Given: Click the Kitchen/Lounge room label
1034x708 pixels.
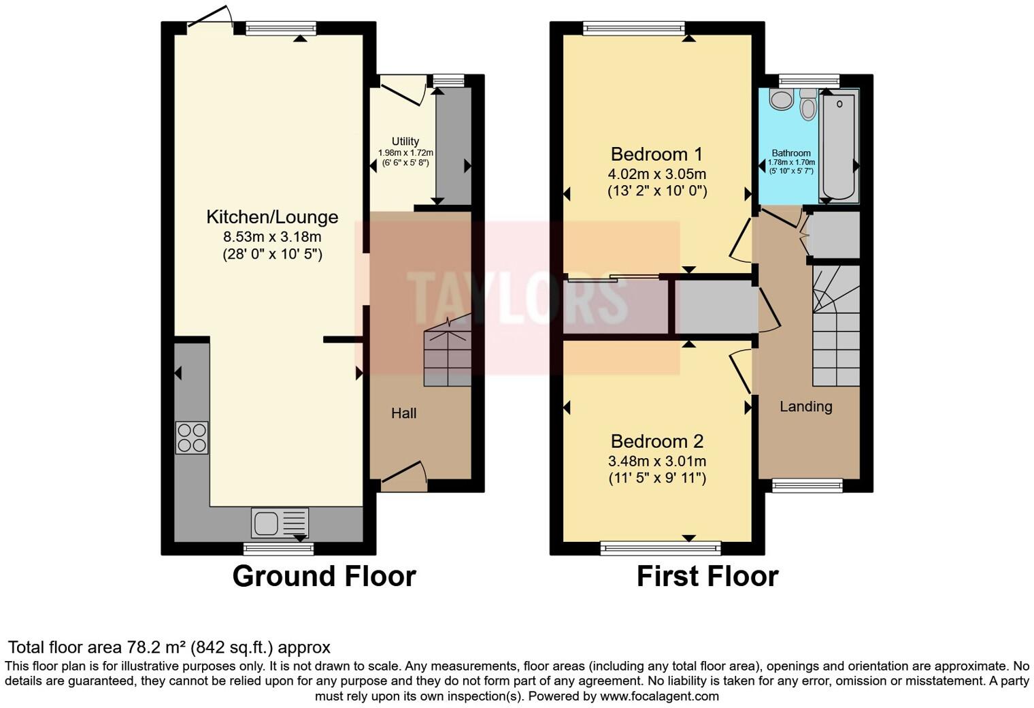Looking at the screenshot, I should pyautogui.click(x=272, y=217).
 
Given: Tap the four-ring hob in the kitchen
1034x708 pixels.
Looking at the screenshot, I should pyautogui.click(x=191, y=438).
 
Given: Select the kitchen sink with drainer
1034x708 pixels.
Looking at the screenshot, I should pyautogui.click(x=280, y=523).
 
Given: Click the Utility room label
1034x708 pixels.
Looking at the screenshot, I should pyautogui.click(x=405, y=142).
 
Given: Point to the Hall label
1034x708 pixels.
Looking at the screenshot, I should pyautogui.click(x=403, y=413).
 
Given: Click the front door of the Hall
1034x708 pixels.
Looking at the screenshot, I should pyautogui.click(x=404, y=474).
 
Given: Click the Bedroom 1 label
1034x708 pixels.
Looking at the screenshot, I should pyautogui.click(x=656, y=154).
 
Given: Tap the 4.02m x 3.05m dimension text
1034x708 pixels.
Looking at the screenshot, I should pyautogui.click(x=656, y=174).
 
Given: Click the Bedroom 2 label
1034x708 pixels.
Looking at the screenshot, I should pyautogui.click(x=656, y=441).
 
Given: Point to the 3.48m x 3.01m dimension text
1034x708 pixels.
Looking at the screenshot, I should pyautogui.click(x=656, y=461).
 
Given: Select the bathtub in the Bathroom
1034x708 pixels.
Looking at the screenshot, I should pyautogui.click(x=839, y=147).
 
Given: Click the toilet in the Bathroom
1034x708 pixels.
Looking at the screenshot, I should pyautogui.click(x=807, y=106).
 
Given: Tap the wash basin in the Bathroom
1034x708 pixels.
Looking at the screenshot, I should pyautogui.click(x=781, y=100).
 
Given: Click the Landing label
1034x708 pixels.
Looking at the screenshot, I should pyautogui.click(x=805, y=406).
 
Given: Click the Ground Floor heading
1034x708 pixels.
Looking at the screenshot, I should pyautogui.click(x=324, y=577).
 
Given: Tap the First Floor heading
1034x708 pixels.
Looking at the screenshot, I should pyautogui.click(x=707, y=577).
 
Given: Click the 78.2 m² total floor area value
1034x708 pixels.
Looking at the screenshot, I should pyautogui.click(x=156, y=647).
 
